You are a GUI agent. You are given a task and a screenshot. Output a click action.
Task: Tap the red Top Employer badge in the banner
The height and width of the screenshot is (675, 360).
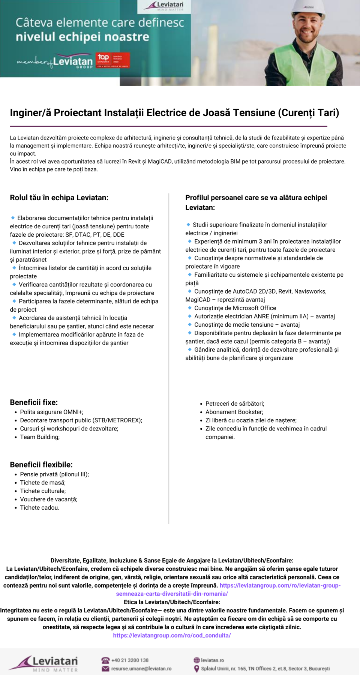(113, 60)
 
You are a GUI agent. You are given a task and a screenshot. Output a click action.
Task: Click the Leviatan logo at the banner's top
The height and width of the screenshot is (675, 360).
(164, 6)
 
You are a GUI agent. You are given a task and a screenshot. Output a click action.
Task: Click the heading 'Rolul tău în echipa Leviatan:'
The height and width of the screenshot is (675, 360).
(59, 198)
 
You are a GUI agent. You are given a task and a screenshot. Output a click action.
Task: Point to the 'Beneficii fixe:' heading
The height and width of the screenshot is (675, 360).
(34, 402)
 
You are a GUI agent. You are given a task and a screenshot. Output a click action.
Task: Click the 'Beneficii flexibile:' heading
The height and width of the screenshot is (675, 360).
(41, 465)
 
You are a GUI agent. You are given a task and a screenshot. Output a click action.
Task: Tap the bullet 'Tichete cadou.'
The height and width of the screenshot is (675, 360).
(39, 508)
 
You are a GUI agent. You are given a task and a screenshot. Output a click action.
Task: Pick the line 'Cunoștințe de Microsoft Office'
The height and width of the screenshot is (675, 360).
(235, 308)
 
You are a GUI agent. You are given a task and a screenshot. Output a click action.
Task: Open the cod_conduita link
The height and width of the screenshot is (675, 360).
(172, 636)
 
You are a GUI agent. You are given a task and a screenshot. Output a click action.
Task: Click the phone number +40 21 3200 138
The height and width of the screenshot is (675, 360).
(130, 660)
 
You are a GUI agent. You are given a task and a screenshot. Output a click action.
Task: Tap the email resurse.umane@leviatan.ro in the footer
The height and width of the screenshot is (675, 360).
(141, 669)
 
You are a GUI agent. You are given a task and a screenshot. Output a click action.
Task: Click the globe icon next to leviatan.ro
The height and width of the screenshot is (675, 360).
(196, 660)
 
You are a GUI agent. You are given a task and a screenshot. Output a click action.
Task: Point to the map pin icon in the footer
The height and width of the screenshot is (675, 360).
(196, 669)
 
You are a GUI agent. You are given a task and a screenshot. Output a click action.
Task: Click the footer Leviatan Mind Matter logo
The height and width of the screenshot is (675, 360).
(44, 663)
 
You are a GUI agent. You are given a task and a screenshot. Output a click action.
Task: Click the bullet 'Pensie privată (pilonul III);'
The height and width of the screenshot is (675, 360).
(54, 474)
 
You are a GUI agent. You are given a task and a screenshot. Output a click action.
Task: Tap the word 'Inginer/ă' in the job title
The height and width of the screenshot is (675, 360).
(30, 113)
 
